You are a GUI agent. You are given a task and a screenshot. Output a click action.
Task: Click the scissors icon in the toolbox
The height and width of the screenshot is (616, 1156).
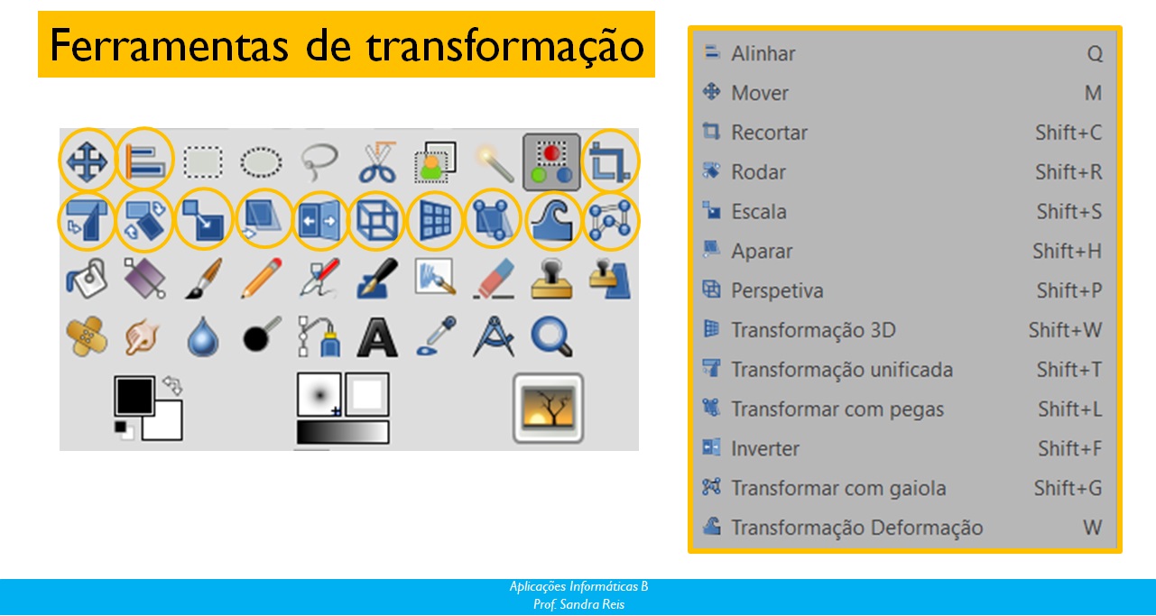(378, 163)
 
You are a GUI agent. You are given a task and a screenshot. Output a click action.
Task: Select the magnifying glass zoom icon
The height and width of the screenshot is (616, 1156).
(551, 336)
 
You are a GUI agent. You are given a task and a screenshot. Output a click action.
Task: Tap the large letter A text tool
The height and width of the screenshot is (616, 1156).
(377, 338)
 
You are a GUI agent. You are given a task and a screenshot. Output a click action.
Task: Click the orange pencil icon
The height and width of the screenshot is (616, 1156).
(262, 279)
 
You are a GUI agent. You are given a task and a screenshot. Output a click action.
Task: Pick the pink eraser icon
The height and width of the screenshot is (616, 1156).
(494, 279)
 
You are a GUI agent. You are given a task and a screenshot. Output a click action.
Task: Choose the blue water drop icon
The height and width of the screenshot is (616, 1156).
(203, 337)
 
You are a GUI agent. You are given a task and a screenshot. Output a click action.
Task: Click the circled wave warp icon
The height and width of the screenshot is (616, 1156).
(552, 220)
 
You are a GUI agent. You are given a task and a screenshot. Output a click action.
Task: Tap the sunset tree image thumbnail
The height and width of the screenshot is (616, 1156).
(548, 408)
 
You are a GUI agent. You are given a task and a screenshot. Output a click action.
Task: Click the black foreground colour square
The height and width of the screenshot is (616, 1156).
(134, 396)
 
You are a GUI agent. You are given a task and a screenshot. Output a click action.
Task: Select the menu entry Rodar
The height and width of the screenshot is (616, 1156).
(758, 172)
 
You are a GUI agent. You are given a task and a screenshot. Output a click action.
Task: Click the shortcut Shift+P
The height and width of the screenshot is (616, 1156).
(1069, 291)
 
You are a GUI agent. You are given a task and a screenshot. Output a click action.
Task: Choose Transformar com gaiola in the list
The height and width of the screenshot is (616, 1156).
(838, 488)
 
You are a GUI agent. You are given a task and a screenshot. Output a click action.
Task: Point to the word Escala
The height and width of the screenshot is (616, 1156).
(759, 212)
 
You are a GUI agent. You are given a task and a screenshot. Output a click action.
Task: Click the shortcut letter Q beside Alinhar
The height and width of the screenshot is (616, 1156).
(1095, 54)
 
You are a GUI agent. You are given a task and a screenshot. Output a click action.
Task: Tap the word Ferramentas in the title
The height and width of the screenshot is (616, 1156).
(169, 46)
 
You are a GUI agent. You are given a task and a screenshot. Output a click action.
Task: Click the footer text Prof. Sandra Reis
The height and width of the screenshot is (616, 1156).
(578, 604)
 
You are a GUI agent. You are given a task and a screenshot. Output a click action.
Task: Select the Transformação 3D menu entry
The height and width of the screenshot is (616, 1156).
(813, 330)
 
